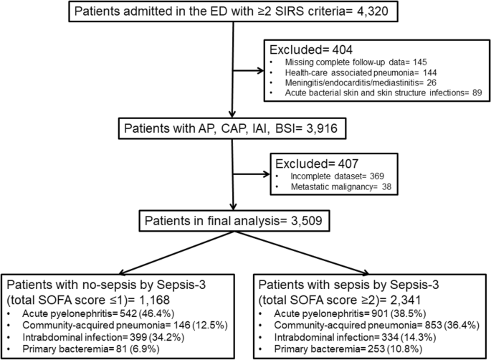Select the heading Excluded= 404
pos(311,49)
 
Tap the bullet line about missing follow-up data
pos(356,62)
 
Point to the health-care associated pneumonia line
pos(361,72)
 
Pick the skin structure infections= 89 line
pos(383,93)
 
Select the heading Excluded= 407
pos(317,164)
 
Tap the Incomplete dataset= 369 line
pos(338,176)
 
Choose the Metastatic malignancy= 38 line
pos(341,186)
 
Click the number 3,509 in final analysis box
pos(307,221)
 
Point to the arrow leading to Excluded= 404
pos(249,70)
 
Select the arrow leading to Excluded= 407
pos(252,174)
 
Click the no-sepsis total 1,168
pos(153,300)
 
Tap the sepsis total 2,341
pos(404,300)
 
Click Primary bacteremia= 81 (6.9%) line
pos(91,349)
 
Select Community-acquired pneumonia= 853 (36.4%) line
pos(377,325)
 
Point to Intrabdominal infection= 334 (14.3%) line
pos(355,337)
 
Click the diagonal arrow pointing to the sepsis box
pos(302,253)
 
